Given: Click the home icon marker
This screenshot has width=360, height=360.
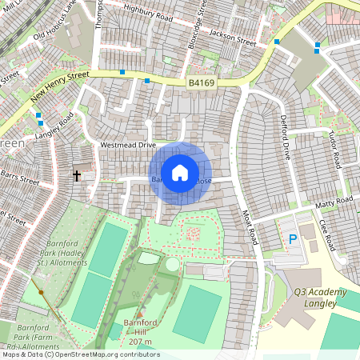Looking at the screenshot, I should click(x=180, y=173).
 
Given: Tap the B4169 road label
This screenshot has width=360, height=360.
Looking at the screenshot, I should click(x=202, y=82).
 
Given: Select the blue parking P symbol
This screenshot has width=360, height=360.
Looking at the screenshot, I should click(x=292, y=239).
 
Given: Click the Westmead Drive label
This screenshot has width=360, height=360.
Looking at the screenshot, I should click(x=127, y=146).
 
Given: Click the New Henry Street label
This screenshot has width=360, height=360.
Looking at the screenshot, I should click(x=60, y=86).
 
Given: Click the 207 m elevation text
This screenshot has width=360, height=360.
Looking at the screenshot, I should click(x=141, y=341).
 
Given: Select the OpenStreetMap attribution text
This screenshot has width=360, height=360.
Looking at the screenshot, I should click(x=80, y=354).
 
